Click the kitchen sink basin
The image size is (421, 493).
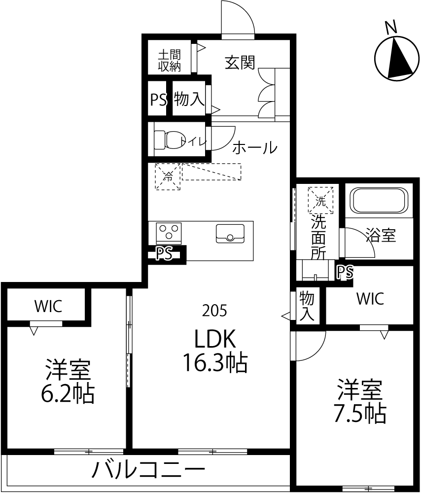click(x=230, y=233)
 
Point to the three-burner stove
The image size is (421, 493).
click(x=169, y=233)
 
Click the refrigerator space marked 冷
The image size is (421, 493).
click(x=168, y=176)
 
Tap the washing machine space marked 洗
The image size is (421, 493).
click(x=320, y=200)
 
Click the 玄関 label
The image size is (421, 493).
click(x=240, y=62)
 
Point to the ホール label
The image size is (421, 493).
click(x=255, y=148)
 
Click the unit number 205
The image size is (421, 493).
click(x=214, y=311)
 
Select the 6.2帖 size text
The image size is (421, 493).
click(x=68, y=393)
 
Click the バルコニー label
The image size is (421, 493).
click(x=148, y=470)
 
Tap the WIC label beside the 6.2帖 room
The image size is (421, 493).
click(x=48, y=306)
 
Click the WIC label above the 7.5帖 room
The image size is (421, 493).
click(x=370, y=298)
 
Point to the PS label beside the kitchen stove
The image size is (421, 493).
click(x=165, y=253)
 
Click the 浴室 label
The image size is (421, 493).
click(x=381, y=235)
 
